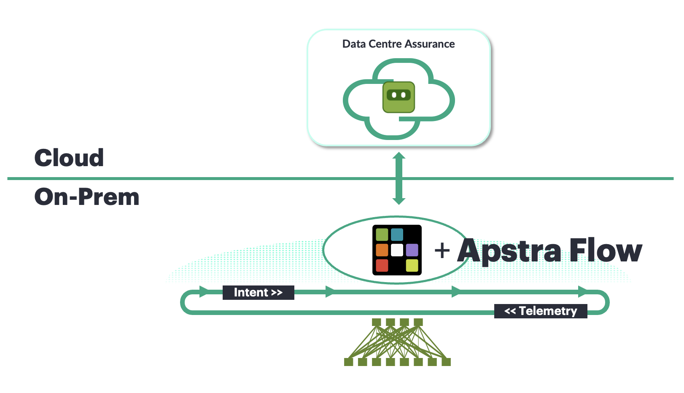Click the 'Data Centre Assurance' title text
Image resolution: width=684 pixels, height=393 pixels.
pyautogui.click(x=398, y=44)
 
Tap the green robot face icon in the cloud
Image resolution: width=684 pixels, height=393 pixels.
pyautogui.click(x=399, y=97)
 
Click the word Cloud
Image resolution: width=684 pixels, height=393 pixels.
pyautogui.click(x=69, y=158)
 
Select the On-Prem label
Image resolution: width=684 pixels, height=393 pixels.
pyautogui.click(x=87, y=197)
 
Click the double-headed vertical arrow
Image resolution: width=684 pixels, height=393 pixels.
pyautogui.click(x=399, y=178)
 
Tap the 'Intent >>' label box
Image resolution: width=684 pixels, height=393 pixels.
pyautogui.click(x=258, y=292)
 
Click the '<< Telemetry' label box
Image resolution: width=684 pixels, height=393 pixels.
pyautogui.click(x=541, y=311)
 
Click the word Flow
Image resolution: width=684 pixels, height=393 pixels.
pyautogui.click(x=606, y=250)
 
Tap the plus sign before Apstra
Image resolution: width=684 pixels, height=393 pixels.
pyautogui.click(x=442, y=250)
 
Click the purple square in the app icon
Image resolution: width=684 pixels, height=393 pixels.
pyautogui.click(x=412, y=250)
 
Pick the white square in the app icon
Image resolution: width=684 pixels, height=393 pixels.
pyautogui.click(x=397, y=250)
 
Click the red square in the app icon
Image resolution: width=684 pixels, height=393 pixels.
pyautogui.click(x=382, y=265)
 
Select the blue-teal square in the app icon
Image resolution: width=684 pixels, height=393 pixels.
pyautogui.click(x=397, y=234)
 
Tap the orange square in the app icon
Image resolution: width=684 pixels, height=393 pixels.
pyautogui.click(x=382, y=250)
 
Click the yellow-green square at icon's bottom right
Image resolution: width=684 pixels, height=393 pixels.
pyautogui.click(x=412, y=265)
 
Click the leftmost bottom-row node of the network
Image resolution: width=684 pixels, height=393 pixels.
pyautogui.click(x=348, y=362)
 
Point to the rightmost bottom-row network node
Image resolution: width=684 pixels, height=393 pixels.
pyautogui.click(x=446, y=362)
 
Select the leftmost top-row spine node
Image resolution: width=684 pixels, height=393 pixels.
pyautogui.click(x=376, y=323)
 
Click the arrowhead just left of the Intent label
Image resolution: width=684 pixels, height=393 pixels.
pyautogui.click(x=204, y=291)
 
